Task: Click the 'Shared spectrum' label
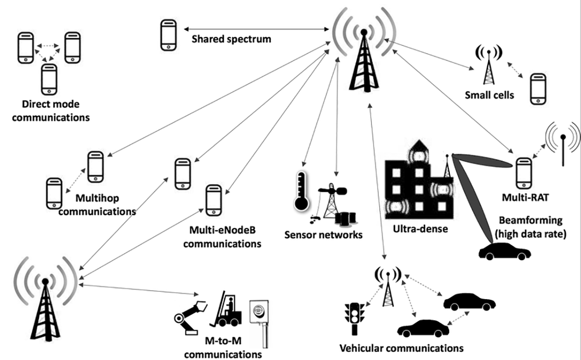(x=231, y=39)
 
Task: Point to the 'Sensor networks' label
(x=323, y=236)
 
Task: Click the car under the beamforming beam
(x=504, y=252)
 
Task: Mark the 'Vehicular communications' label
(x=401, y=348)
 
